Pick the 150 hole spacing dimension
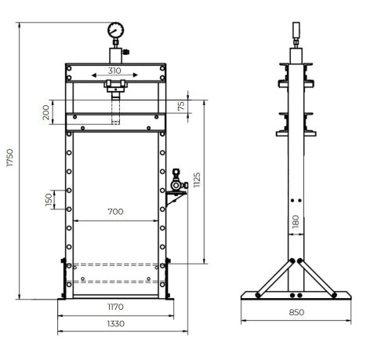(x=49, y=200)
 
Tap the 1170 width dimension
(x=115, y=307)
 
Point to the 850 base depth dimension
(x=297, y=312)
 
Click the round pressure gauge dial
(x=114, y=32)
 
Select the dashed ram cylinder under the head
(x=116, y=106)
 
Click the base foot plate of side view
(x=296, y=295)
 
